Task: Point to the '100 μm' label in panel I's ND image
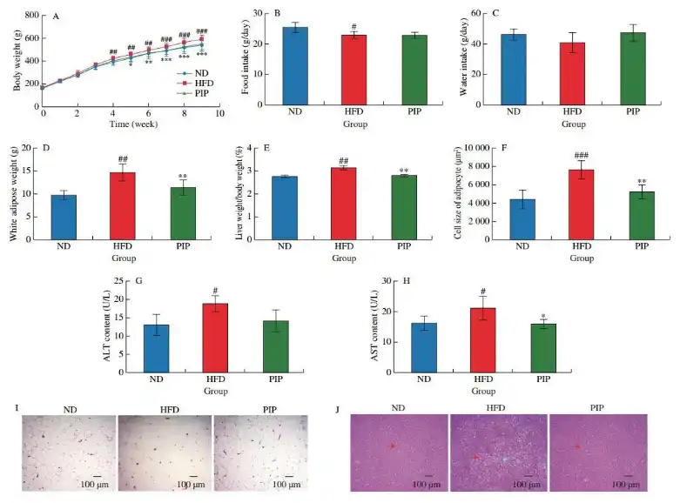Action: [x=95, y=484]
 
